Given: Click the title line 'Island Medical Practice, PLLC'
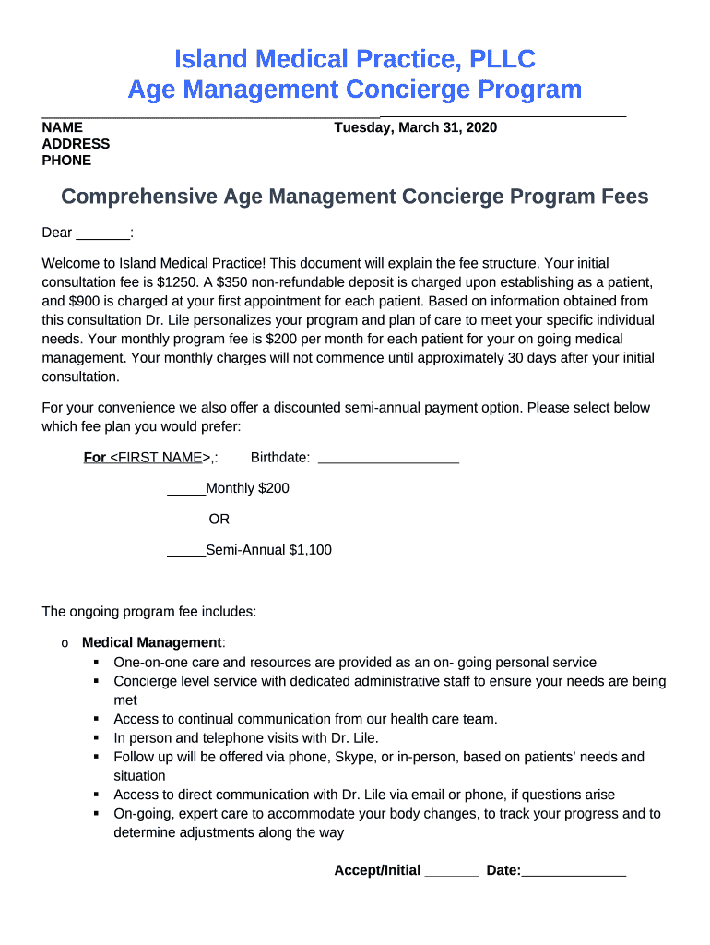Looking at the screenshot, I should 355,60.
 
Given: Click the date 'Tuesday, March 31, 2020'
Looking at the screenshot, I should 415,127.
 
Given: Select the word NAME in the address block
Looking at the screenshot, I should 63,127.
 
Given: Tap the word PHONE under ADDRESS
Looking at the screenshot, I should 66,161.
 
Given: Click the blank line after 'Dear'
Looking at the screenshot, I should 102,234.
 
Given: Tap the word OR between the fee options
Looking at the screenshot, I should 219,519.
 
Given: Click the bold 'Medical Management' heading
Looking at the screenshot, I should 152,642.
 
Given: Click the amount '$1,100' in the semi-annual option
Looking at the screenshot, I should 310,550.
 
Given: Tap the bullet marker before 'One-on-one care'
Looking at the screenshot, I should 96,663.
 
